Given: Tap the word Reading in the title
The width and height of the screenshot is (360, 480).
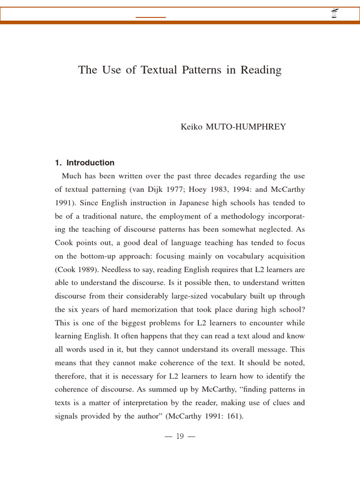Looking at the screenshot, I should (x=261, y=70).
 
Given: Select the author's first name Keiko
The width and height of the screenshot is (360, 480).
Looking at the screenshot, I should (x=191, y=127).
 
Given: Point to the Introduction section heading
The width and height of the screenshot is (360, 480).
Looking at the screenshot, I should (x=90, y=163).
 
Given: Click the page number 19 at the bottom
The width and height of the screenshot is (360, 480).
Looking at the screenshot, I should (x=180, y=436).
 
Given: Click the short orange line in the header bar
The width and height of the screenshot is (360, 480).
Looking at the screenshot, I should (x=150, y=17).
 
